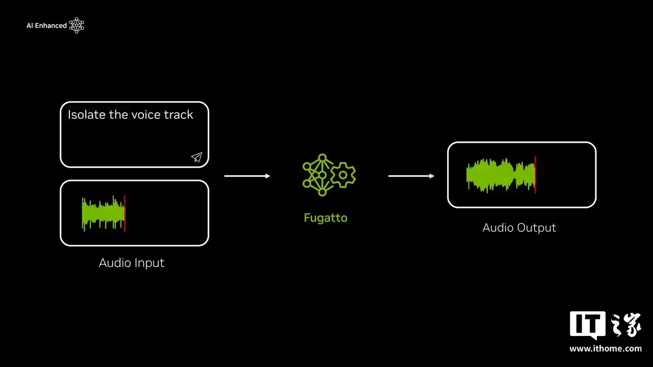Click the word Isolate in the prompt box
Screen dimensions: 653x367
(86, 115)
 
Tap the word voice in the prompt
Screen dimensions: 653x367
(145, 115)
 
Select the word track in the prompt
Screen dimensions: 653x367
(179, 115)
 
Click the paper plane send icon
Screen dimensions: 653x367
(197, 158)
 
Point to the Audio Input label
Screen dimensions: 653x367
(132, 263)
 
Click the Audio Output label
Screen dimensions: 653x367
(519, 228)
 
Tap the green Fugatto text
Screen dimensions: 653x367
(325, 218)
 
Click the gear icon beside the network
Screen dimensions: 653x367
(343, 175)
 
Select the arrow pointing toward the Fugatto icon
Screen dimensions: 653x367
(247, 176)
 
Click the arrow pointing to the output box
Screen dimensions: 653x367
(411, 176)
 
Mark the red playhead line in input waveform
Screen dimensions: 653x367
(124, 214)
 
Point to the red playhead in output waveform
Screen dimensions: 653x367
(535, 175)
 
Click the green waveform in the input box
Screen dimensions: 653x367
(103, 214)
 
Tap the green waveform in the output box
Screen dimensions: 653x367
(500, 175)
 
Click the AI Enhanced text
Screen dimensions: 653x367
(46, 25)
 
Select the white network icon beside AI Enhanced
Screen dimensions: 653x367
(77, 25)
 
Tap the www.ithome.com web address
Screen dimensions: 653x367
(606, 349)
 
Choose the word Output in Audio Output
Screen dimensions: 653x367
(537, 228)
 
